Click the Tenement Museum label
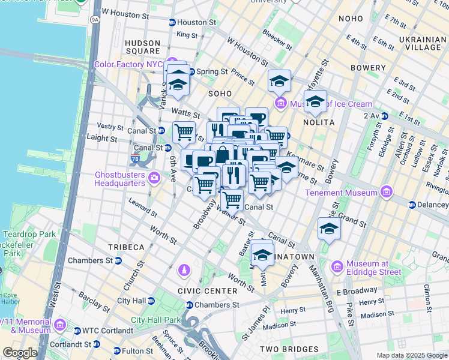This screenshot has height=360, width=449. tap(340, 193)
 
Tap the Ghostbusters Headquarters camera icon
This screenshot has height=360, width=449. tap(155, 177)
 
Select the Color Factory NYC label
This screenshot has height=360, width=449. tap(128, 64)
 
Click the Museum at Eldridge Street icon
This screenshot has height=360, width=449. tap(337, 265)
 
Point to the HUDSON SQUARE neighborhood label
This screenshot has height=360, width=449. tap(142, 47)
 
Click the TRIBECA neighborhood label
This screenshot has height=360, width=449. tap(126, 247)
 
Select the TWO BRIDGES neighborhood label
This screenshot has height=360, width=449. tap(289, 349)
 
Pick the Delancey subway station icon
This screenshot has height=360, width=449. tap(412, 205)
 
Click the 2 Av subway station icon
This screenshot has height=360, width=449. tap(384, 116)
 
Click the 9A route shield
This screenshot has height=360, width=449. tap(95, 20)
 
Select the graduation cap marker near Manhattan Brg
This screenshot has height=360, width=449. tap(329, 229)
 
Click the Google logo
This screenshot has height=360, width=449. tap(20, 353)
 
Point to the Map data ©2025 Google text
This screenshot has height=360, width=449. tap(411, 355)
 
